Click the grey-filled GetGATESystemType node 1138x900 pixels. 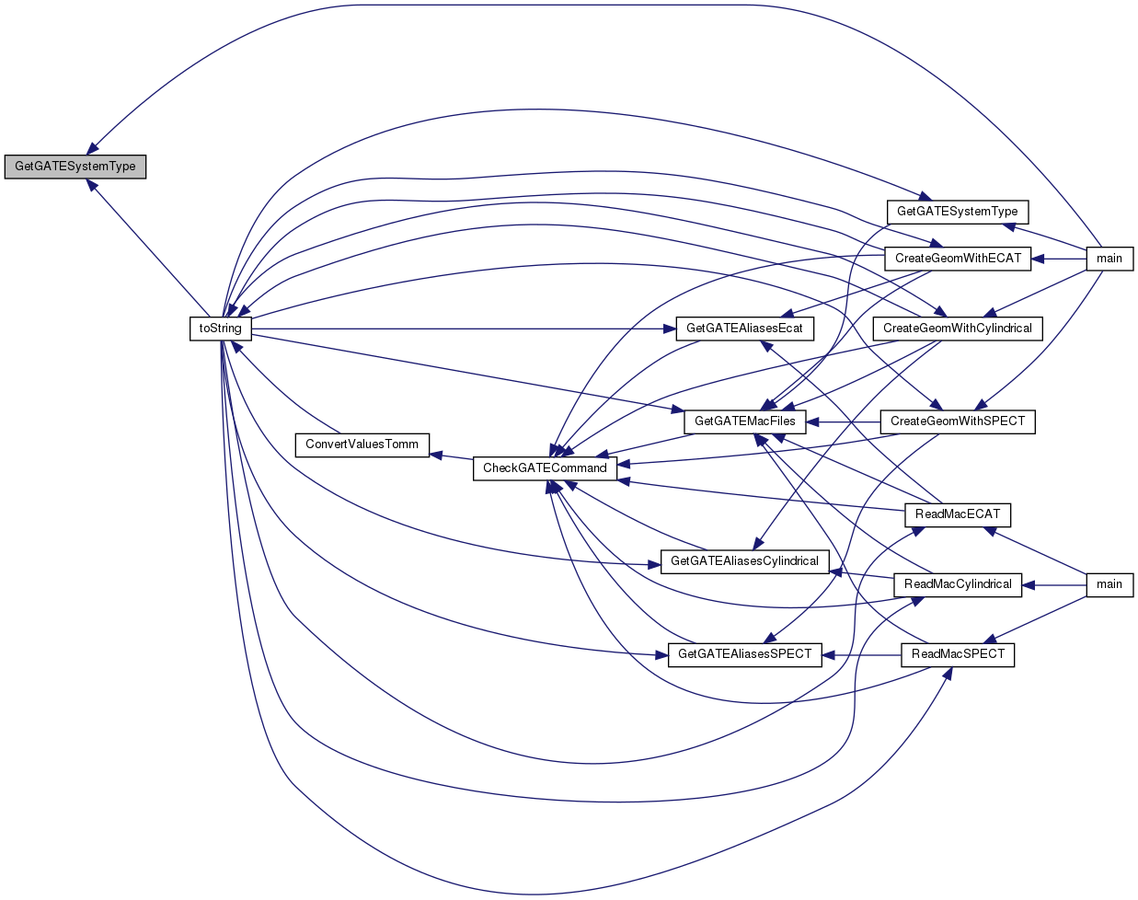coord(75,167)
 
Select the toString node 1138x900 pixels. coord(221,329)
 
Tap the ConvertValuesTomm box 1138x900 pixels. coord(362,445)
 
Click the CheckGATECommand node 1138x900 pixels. coord(546,468)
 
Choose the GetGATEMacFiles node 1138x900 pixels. coord(744,421)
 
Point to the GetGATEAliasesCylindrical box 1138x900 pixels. coord(744,561)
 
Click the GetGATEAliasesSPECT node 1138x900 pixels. coord(744,654)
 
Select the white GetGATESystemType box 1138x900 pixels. coord(957,213)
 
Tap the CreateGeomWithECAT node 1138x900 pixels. coord(958,259)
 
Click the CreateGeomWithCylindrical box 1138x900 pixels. coord(958,329)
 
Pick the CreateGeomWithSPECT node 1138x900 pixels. coord(958,421)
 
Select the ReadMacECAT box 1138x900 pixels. coord(958,514)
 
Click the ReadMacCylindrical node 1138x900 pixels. coord(958,584)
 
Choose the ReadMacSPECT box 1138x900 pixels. coord(958,654)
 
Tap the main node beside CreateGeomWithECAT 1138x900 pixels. coord(1109,259)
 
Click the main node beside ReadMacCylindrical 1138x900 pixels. coord(1109,584)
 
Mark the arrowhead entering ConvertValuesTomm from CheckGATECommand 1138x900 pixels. coord(436,455)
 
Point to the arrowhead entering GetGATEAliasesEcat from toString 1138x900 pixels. coord(670,329)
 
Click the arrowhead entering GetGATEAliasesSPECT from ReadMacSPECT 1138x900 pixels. coord(828,655)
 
